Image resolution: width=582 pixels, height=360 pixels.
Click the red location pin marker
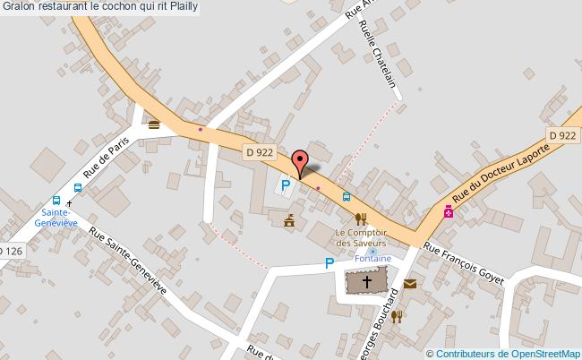point(301,161)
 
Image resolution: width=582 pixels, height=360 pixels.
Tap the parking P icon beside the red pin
point(286,186)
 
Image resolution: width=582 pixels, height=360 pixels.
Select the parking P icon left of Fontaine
point(330,263)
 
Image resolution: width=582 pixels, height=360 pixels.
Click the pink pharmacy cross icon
point(448,212)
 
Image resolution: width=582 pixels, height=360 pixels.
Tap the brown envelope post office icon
point(409,284)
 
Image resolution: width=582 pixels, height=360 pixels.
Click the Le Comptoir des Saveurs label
point(361,238)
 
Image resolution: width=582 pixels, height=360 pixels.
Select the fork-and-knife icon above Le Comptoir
point(362,218)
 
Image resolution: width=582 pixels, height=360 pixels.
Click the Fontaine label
point(373,259)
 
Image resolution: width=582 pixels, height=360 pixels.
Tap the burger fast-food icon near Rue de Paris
point(154,124)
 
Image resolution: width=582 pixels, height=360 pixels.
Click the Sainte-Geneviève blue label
point(56,218)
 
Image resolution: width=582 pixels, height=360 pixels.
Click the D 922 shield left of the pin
point(259,152)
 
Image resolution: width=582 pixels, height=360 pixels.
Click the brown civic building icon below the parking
point(288,219)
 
